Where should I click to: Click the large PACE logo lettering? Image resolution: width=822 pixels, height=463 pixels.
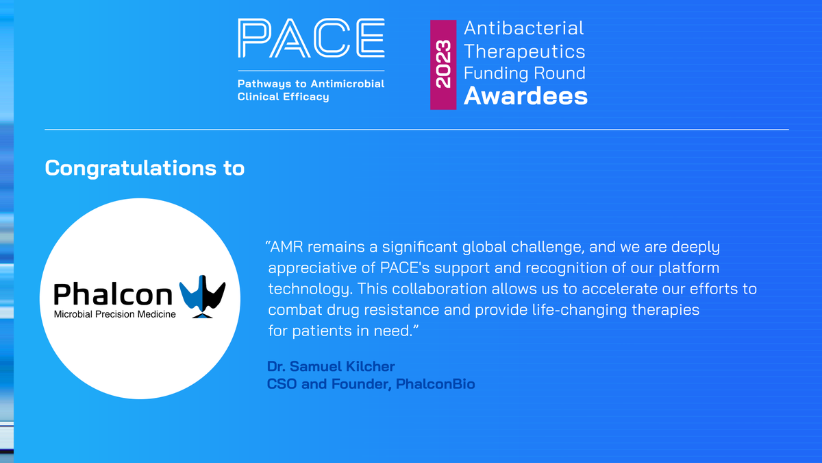[x=310, y=39]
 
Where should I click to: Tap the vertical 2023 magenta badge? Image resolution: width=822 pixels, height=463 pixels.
[x=443, y=65]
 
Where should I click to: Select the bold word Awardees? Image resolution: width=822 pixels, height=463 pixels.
[x=525, y=96]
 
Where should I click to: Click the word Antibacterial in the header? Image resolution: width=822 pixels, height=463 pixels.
[x=524, y=28]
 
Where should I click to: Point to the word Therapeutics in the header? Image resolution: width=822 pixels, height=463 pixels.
[x=524, y=51]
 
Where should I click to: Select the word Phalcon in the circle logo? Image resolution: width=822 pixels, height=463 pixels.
[x=113, y=295]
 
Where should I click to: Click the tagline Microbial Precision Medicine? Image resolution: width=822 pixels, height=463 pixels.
[x=114, y=315]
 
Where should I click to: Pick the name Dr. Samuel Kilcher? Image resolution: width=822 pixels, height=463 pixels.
[x=331, y=366]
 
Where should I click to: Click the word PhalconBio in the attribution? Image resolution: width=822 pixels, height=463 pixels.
[x=435, y=384]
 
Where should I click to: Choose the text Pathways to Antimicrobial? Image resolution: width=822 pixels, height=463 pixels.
[x=310, y=84]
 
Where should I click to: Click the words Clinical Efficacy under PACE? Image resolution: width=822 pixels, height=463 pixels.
[x=283, y=97]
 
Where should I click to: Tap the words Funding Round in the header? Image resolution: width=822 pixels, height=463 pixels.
[x=524, y=73]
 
